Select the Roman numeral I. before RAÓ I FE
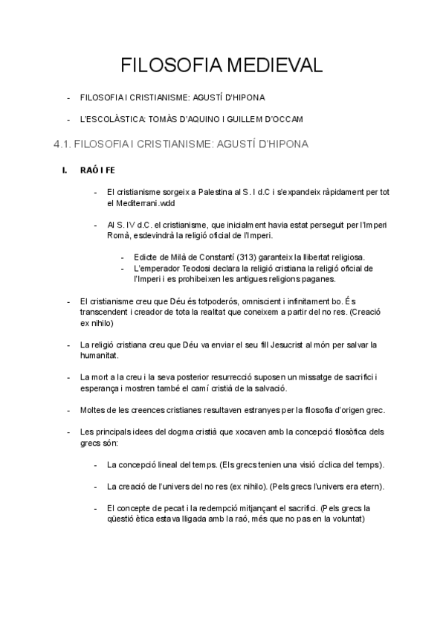click(65, 170)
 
